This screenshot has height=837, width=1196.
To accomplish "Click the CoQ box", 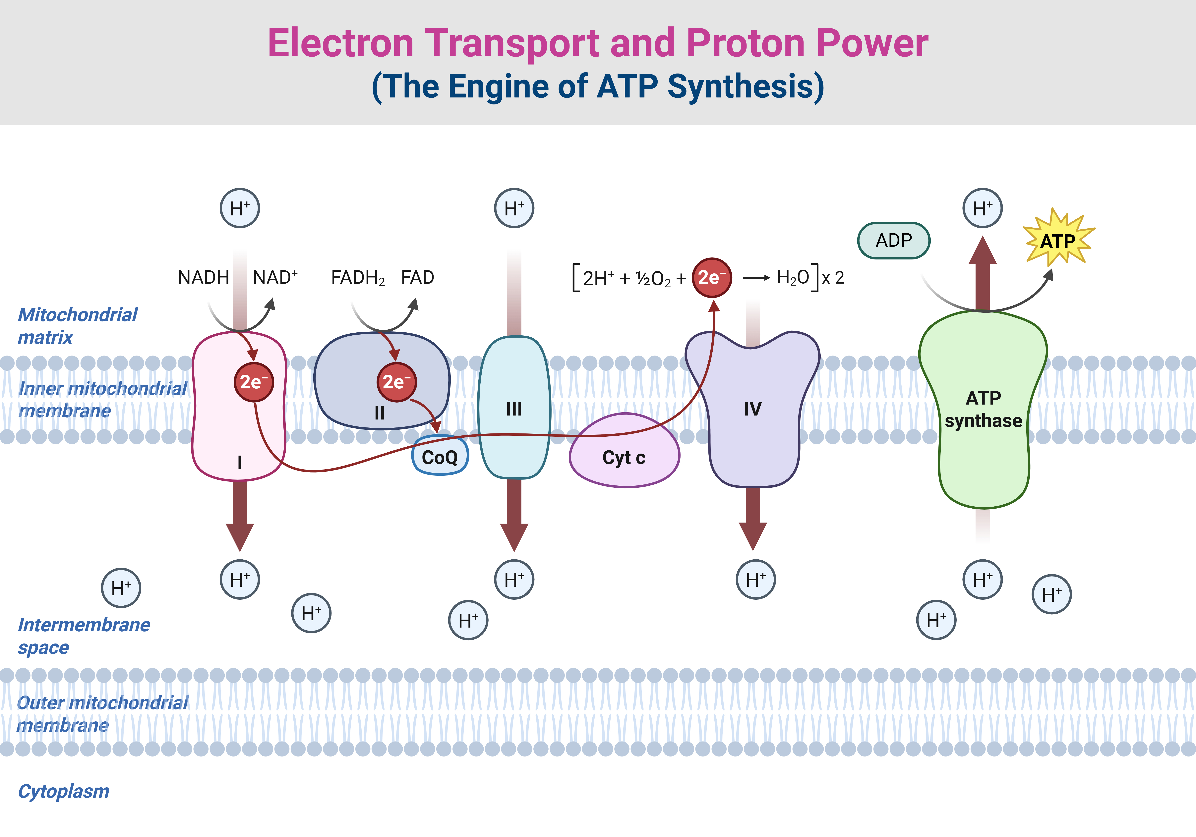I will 440,456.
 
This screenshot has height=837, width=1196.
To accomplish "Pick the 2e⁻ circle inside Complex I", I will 254,382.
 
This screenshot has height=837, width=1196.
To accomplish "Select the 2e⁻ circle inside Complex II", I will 396,382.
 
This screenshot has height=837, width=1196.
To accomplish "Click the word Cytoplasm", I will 64,791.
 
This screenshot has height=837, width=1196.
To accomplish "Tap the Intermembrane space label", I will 83,636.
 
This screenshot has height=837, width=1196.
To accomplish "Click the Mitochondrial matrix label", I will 77,325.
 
